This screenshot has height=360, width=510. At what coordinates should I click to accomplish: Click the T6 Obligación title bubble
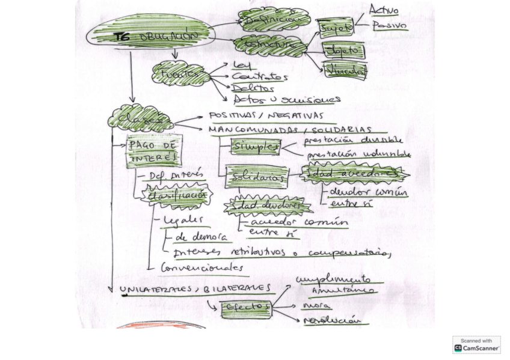coord(150,35)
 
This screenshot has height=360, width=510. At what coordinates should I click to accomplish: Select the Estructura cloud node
coord(271,45)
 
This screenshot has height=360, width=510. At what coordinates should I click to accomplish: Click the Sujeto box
coord(336,28)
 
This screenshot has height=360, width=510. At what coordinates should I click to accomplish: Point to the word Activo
coord(384,10)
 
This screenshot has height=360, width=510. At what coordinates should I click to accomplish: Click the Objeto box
coord(343,51)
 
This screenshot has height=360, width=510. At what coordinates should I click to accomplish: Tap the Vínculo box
coord(345,71)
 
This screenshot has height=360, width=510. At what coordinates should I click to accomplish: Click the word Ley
coord(238,65)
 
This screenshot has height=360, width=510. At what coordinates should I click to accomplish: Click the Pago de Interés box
coord(154,151)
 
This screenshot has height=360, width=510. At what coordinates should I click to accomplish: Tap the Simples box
coord(257,147)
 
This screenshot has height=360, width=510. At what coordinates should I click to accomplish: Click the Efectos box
coord(247,308)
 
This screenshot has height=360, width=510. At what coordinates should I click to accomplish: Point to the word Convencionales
coord(201,267)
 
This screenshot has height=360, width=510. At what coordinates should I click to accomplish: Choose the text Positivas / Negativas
coord(266,116)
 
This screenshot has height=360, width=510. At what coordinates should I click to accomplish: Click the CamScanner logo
coord(476,345)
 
